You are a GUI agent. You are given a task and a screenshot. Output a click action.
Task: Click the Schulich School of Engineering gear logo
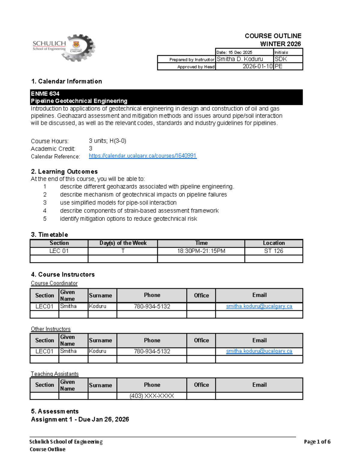pos(64,48)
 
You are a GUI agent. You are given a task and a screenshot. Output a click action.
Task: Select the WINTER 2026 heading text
pos(280,44)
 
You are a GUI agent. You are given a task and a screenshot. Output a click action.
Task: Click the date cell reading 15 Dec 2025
pos(234,52)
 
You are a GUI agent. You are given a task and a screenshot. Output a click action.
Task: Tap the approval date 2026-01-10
pos(257,66)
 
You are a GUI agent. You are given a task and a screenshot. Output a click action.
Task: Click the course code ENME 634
pos(45,94)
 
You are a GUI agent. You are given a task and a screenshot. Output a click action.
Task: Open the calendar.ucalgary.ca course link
pos(142,156)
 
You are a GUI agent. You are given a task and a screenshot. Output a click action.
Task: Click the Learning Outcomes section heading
pos(64,171)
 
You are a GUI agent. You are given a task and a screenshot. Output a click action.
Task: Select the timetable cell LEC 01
pos(59,251)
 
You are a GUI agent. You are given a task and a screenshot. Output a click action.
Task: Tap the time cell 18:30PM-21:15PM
pos(201,251)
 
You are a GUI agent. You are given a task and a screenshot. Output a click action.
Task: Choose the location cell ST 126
pos(274,251)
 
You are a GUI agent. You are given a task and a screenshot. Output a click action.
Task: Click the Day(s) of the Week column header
pos(123,243)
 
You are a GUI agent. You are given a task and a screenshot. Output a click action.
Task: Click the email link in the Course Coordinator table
pos(259,306)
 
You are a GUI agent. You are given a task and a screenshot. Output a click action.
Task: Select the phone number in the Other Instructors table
pos(152,351)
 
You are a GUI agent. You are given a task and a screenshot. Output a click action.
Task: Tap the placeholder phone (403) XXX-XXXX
pos(152,396)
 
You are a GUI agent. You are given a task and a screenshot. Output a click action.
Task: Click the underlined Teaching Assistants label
pos(55,374)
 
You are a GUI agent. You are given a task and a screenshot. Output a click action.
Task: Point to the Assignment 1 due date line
pos(80,419)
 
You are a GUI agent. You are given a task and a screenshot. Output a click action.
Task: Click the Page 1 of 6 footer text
pos(317,441)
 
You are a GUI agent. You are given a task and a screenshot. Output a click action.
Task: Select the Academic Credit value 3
pos(91,149)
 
